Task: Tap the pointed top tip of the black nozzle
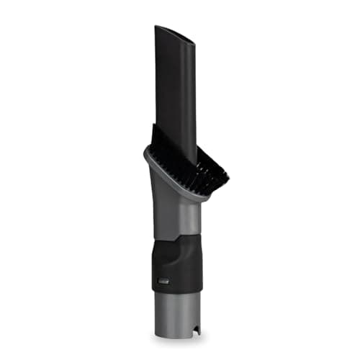[x=157, y=27]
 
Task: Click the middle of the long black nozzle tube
[x=176, y=94]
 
